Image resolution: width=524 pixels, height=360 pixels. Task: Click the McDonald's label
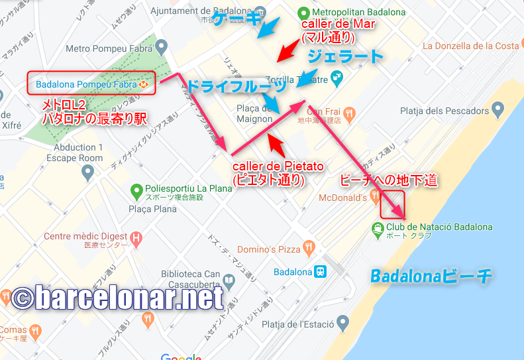pyautogui.click(x=343, y=198)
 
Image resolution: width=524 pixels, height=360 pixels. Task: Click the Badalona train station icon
pyautogui.click(x=321, y=272)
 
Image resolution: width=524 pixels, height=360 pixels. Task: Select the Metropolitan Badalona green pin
pyautogui.click(x=303, y=13)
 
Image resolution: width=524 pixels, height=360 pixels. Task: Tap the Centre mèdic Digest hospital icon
pyautogui.click(x=136, y=237)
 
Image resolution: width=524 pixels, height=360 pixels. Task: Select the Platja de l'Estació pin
pyautogui.click(x=342, y=324)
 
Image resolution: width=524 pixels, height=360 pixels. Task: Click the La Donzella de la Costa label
pyautogui.click(x=471, y=46)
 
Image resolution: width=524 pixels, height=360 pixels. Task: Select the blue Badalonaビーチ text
pyautogui.click(x=431, y=276)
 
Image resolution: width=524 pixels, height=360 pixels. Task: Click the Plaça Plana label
pyautogui.click(x=152, y=209)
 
